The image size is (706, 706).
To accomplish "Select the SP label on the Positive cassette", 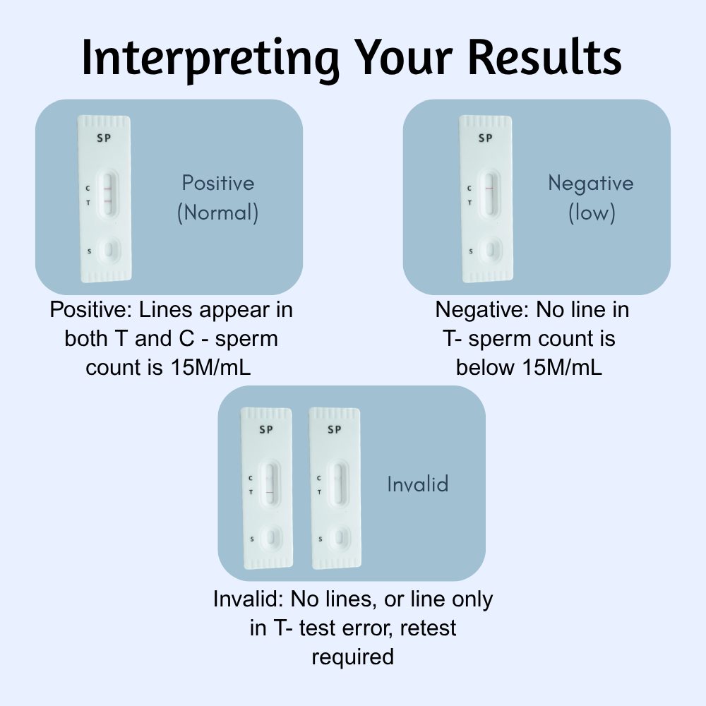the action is coord(104,138).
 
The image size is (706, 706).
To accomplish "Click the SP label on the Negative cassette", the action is coord(486,138).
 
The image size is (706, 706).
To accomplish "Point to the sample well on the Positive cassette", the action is coord(109,249).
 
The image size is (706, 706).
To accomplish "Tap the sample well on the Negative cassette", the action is coord(490,249).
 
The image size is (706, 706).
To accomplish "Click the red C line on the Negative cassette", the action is coord(489,188).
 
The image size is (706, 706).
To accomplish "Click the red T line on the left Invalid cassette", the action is coord(270,492).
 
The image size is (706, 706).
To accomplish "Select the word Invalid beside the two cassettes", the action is coord(418,484).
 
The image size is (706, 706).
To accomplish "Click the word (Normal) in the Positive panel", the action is coord(218,213).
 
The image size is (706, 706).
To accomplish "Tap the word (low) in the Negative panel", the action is coord(592,213).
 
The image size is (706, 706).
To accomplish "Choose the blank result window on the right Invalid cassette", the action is coord(338,484).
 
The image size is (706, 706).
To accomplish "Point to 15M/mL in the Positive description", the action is coord(210,367).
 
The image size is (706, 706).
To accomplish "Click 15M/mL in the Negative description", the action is coord(562,367).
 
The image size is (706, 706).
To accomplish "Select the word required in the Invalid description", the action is coord(353,657).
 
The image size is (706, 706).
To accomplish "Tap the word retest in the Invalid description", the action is coord(429,628).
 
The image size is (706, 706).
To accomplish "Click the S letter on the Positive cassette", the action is coord(89,251).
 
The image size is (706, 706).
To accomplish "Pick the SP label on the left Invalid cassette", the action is coord(266,429).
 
